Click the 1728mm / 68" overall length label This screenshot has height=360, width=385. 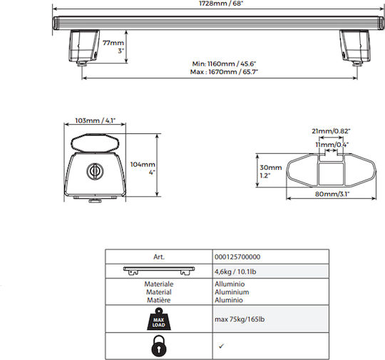(x=221, y=4)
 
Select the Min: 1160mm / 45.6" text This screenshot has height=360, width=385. (x=224, y=64)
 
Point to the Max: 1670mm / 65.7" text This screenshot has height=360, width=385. (x=224, y=72)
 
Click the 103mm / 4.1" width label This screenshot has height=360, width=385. (x=96, y=120)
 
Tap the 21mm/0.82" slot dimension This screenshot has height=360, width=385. (x=331, y=131)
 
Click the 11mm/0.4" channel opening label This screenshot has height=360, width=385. (x=332, y=145)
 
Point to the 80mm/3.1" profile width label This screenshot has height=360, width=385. (x=332, y=194)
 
